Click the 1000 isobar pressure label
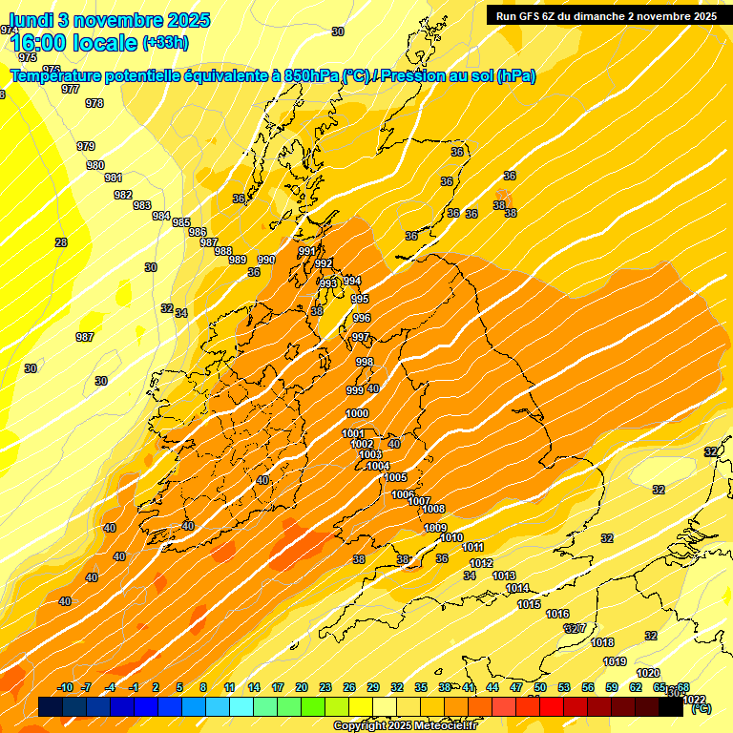(357, 413)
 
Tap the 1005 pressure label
(396, 477)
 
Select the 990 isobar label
(266, 260)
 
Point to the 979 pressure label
(86, 146)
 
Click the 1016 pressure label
(558, 614)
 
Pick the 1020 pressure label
(648, 674)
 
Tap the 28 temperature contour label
(61, 242)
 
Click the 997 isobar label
(360, 337)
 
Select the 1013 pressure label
(504, 576)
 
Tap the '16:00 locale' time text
(73, 43)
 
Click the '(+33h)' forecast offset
(166, 43)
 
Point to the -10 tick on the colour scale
(65, 687)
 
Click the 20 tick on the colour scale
(302, 687)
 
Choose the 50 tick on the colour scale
(540, 687)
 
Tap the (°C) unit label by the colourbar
(701, 708)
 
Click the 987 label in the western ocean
(85, 337)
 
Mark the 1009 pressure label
(435, 528)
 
